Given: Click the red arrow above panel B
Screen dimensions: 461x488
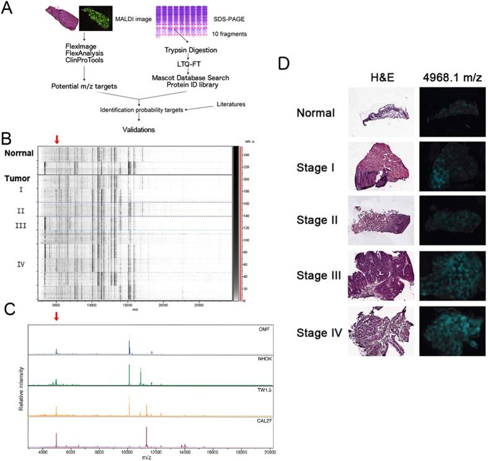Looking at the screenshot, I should (x=57, y=140).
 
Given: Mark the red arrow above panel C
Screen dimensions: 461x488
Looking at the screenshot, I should (x=57, y=317).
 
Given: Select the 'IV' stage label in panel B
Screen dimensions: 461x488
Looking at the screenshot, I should (x=21, y=264).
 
